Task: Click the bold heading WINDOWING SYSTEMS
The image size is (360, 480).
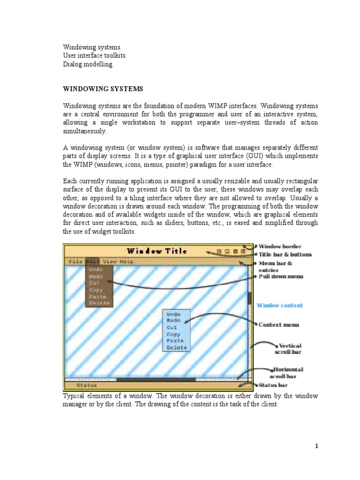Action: point(103,89)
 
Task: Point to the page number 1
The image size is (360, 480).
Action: point(317,446)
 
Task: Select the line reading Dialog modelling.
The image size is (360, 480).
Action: point(89,64)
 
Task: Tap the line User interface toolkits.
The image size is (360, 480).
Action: point(95,56)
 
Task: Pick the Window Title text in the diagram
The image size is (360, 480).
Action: point(157,251)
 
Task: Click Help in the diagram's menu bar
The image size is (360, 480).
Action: point(126,262)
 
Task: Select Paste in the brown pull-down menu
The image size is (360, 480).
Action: point(98,296)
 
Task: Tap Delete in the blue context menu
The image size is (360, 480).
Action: point(176,347)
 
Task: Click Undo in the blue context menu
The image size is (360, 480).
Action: point(173,314)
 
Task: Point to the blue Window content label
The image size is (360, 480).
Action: point(279,305)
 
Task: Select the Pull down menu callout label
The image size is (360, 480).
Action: point(281,277)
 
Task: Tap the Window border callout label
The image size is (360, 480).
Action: point(280,246)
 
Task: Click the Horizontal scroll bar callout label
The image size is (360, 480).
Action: point(284,373)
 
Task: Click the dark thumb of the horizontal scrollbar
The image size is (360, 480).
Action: point(156,379)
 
